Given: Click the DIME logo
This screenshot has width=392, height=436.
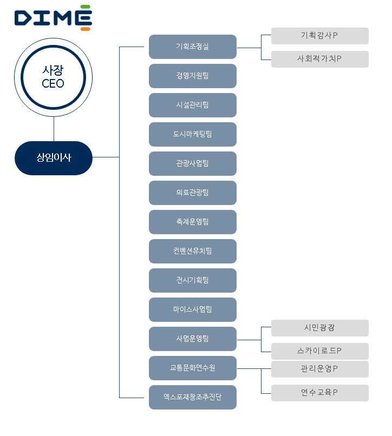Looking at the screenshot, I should coord(53,17).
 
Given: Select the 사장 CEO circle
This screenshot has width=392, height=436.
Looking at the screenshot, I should coord(53,76).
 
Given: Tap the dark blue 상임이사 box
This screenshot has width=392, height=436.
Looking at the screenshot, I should coord(54,157).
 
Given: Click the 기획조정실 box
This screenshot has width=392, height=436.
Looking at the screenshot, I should coord(193,47).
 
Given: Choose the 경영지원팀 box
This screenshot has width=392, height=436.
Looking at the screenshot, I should coord(193,76).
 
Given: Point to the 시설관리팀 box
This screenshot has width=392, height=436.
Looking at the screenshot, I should coord(193,105).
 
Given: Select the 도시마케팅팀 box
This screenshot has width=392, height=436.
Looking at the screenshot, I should coord(193,134).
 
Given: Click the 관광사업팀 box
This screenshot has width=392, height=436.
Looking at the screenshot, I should coord(193,163).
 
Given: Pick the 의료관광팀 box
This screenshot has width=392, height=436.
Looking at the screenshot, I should coord(193,193).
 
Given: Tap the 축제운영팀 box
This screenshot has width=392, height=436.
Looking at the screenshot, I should coord(193,222).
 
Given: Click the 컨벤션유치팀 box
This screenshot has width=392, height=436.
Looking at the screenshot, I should coord(193,251).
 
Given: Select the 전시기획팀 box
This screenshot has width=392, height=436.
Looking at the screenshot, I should coord(193,280).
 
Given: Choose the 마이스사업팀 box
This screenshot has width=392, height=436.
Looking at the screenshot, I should coord(193,309).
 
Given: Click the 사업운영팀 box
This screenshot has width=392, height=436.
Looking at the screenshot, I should coord(193,339).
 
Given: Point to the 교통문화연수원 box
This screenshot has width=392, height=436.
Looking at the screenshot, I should coord(193,368).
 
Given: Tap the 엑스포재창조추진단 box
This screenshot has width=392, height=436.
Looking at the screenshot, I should coord(193,397).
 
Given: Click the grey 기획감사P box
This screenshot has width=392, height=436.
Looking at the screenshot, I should coord(319,36).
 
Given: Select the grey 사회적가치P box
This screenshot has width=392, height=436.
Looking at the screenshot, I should coord(319,59).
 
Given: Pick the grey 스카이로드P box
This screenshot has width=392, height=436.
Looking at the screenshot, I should coord(319,351).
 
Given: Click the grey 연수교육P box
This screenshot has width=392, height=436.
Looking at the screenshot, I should coord(319,393).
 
